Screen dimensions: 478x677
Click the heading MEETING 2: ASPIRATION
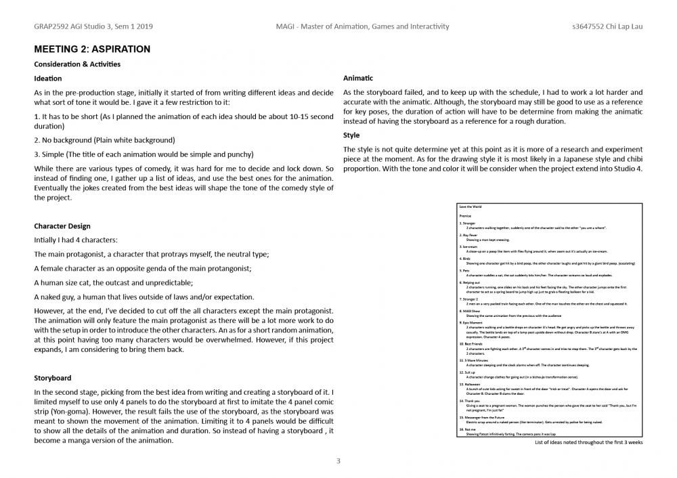(92, 49)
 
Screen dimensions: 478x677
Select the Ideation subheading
(48, 79)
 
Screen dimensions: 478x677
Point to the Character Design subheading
(62, 226)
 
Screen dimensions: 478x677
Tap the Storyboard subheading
(53, 378)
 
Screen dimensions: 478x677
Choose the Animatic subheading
(358, 79)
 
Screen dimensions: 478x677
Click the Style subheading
(351, 135)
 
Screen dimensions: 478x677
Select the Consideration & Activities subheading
(77, 64)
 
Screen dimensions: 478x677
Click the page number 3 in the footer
(338, 461)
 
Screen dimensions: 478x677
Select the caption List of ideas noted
(588, 441)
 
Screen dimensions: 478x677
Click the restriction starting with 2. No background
(104, 140)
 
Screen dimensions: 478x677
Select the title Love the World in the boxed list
(471, 206)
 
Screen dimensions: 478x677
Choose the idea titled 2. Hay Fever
(468, 235)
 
